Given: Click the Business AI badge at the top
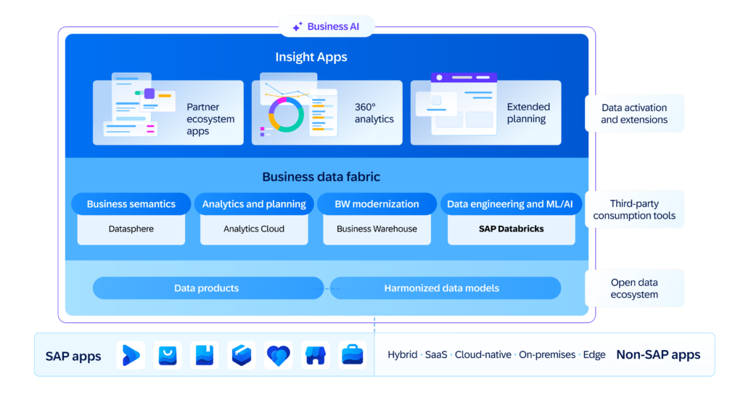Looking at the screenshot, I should point(327,27).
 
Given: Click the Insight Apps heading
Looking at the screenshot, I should point(311,57).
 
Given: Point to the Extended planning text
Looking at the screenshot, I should point(528,113).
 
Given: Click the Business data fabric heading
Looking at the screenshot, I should point(321,176).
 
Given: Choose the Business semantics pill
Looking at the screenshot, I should point(131,204).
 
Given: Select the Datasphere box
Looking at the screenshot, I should point(131,229).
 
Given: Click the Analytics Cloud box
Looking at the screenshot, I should point(254,229).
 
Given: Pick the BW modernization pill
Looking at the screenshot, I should point(377,204).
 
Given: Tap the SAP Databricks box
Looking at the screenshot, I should point(511,229).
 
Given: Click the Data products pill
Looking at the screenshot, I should point(207,288).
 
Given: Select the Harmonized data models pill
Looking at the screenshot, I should point(442,288).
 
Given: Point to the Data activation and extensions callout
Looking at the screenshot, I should point(634,113).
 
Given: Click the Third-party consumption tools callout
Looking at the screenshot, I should point(634,210).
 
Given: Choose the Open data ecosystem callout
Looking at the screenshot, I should point(634,288).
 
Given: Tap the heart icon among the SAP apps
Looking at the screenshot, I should point(279,355).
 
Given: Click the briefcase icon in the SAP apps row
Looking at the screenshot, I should point(353,355).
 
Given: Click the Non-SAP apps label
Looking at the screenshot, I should point(658,355).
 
